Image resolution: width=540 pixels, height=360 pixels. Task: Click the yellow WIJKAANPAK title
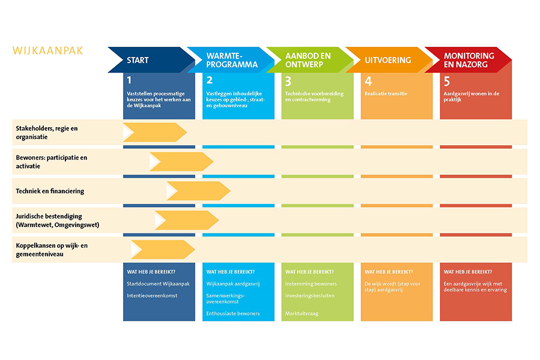pos(47,50)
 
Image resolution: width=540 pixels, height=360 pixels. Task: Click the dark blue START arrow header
pos(152,60)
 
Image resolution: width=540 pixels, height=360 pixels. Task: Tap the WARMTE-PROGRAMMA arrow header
pos(231,60)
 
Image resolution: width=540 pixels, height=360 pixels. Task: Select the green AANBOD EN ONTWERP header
pos(310,60)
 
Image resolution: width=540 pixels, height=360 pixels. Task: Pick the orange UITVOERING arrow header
pos(389,60)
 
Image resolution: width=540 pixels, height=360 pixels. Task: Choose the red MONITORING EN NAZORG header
pos(469,60)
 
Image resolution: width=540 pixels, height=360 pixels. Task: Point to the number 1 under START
pos(129,80)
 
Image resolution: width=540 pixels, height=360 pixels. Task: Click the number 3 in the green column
pos(288,82)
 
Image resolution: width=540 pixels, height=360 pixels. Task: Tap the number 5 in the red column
pos(446,82)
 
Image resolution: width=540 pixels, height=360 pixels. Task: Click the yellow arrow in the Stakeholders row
pos(155,132)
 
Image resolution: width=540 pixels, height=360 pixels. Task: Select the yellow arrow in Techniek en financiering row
pos(199,191)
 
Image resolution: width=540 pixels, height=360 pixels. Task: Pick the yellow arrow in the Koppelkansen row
pos(163,250)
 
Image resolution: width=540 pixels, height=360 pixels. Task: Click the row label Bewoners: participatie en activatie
pos(52,161)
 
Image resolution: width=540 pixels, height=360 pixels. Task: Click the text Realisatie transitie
pos(386,94)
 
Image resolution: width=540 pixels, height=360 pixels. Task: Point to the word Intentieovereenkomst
pos(152,296)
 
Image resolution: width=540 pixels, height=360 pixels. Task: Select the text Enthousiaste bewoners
pos(233,313)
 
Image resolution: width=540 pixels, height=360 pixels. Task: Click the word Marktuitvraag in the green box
pos(302,313)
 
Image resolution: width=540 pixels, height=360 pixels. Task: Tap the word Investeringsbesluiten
pos(310,296)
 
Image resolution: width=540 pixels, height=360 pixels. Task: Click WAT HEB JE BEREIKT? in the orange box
pos(388,272)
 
